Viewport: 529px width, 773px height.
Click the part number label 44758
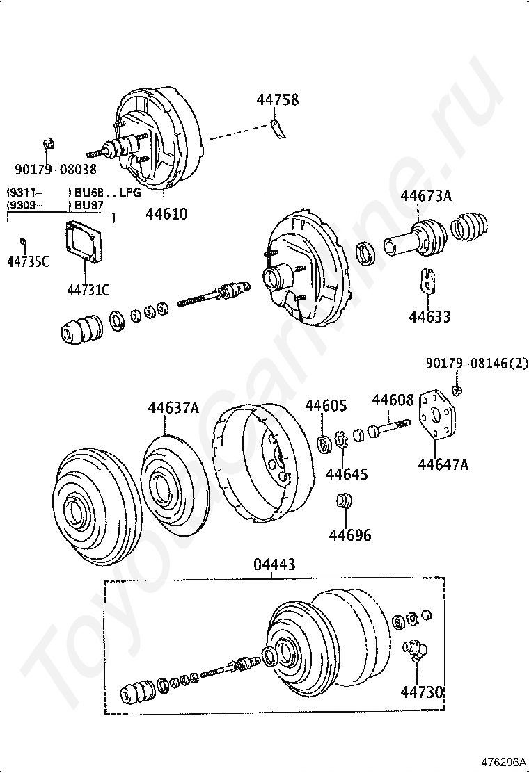[x=277, y=99]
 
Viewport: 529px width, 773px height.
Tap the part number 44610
[x=167, y=214]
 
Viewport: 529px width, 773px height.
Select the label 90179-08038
[x=55, y=170]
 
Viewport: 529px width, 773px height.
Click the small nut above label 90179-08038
[x=48, y=144]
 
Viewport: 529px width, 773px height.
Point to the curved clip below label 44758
[x=278, y=129]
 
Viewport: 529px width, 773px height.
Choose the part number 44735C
[x=28, y=261]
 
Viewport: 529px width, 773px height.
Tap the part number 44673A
[x=426, y=196]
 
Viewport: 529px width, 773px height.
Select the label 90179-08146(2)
[x=477, y=364]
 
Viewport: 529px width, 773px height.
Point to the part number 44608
[x=393, y=400]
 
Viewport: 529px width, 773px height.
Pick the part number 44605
[x=326, y=405]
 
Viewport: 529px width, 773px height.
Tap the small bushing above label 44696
[x=343, y=501]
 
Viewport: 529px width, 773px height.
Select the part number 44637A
[x=174, y=407]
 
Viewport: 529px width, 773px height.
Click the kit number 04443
[x=274, y=564]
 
